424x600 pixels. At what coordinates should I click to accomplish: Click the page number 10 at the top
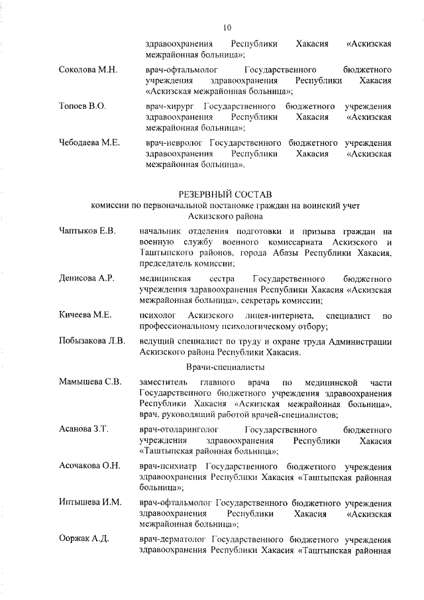(x=227, y=27)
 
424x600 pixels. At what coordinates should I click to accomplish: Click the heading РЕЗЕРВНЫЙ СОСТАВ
(x=225, y=194)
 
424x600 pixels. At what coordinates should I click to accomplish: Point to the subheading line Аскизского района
(x=225, y=216)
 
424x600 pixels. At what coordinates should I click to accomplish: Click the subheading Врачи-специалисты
(x=225, y=367)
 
